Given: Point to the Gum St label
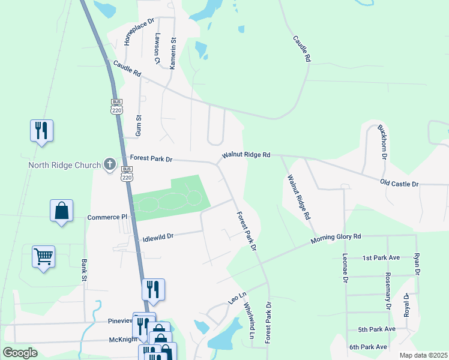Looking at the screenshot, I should tap(139, 124).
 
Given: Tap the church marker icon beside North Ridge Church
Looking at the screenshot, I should tap(110, 164).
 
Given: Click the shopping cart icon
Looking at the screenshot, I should tap(44, 257).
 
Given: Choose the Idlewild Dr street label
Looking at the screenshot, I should tap(157, 237).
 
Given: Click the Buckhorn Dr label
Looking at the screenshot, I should tap(382, 142).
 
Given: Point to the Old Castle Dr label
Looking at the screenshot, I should tap(399, 182).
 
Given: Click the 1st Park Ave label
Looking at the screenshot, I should tap(381, 257).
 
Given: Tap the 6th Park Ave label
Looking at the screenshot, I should tap(369, 347).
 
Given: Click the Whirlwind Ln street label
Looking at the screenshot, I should tap(249, 320).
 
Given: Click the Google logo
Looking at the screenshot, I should tap(20, 353).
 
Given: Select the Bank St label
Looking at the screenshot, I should tap(83, 271).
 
